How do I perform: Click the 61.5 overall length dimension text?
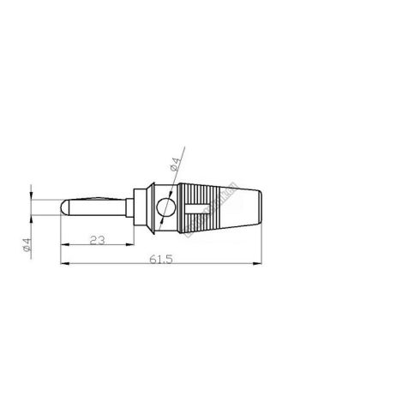pyautogui.click(x=161, y=259)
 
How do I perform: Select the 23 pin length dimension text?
pyautogui.click(x=98, y=240)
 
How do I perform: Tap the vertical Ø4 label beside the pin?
pyautogui.click(x=27, y=245)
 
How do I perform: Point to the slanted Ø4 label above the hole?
pyautogui.click(x=176, y=165)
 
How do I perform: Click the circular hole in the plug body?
pyautogui.click(x=165, y=207)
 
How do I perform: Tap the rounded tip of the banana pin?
pyautogui.click(x=64, y=207)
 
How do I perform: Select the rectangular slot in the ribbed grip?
pyautogui.click(x=198, y=208)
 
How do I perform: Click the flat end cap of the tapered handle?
pyautogui.click(x=261, y=207)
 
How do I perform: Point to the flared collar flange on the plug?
pyautogui.click(x=152, y=208)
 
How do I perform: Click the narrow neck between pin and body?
pyautogui.click(x=130, y=207)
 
